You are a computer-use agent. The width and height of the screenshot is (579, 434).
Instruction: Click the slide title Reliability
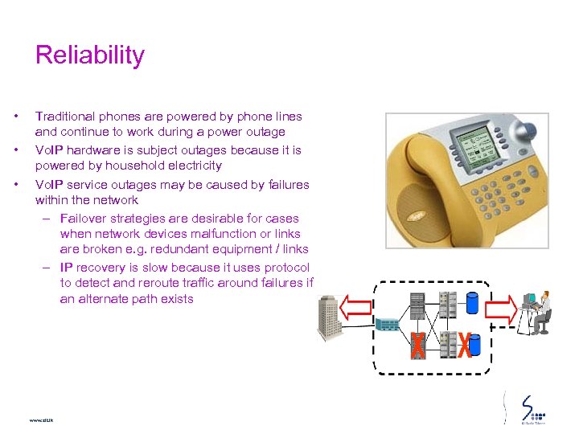coord(90,55)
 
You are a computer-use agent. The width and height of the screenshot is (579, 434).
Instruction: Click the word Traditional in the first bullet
coord(64,117)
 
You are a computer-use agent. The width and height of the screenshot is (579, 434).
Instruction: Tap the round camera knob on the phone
coord(527,128)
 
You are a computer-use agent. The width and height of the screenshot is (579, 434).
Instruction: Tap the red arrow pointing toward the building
coord(357,308)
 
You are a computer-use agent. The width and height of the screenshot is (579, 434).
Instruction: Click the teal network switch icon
coord(387,325)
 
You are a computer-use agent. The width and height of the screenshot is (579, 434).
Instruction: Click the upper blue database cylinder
coord(471,302)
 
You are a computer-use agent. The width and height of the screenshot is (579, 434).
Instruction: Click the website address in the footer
coord(40,420)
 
